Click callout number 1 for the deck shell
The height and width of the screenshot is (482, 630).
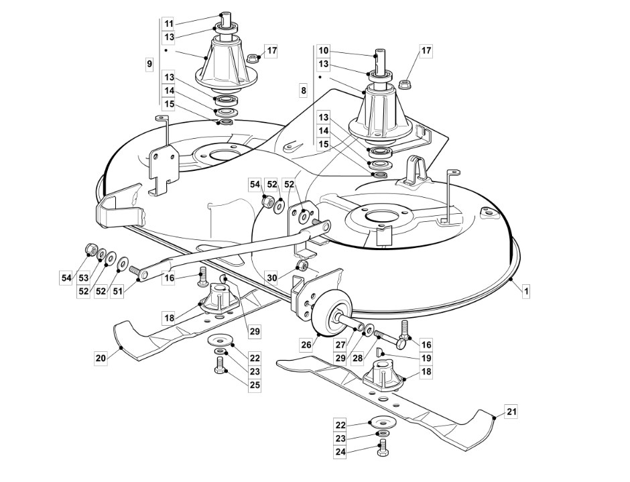pos(526,291)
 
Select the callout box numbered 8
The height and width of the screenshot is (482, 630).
pos(304,91)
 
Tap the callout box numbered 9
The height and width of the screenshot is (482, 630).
pos(149,64)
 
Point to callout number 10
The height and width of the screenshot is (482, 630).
pos(324,51)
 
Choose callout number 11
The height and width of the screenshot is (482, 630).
pos(169,23)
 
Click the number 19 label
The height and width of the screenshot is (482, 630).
pos(426,358)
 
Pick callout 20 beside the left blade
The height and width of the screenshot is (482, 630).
pos(101,358)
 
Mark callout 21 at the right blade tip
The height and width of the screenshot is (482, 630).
pos(511,412)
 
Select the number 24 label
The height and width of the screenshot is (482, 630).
pos(340,452)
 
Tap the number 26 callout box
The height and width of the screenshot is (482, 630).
pos(306,345)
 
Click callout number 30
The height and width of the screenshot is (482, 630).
pos(272,278)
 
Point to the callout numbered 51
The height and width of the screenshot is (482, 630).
pos(117,291)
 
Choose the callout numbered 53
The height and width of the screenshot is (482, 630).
pos(84,278)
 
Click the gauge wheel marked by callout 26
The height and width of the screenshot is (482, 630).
pos(332,312)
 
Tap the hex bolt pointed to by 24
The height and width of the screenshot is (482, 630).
pos(382,448)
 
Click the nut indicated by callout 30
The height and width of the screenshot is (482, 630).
pos(302,265)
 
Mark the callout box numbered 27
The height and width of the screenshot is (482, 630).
pos(340,345)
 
